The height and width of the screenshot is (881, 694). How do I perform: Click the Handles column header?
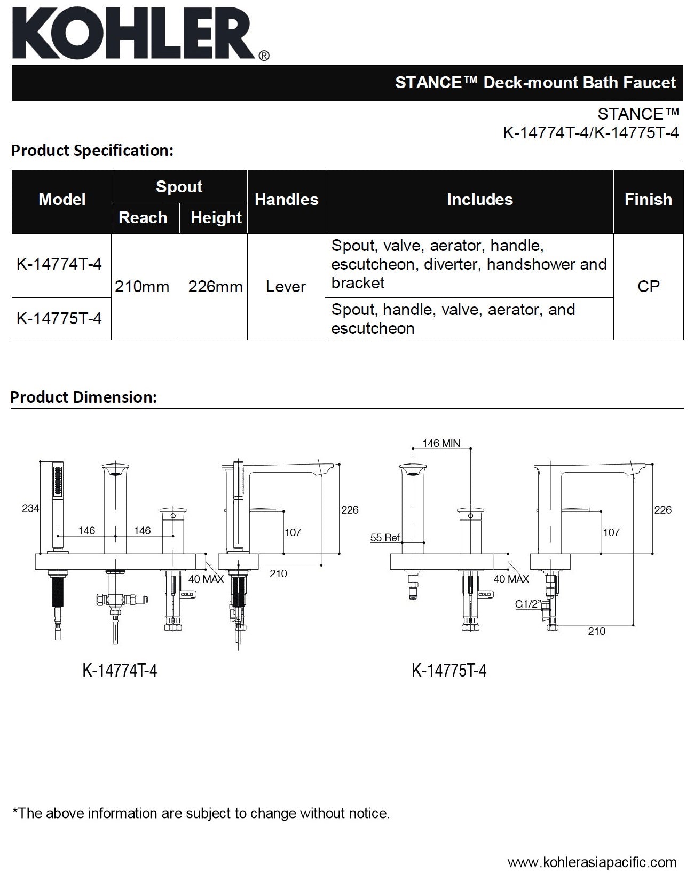pos(286,200)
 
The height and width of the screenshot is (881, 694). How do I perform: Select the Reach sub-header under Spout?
pos(143,218)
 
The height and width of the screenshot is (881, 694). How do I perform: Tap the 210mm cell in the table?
pos(142,287)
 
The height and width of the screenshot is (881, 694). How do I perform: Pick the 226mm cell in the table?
pos(215,287)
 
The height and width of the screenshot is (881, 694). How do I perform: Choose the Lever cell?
pos(286,287)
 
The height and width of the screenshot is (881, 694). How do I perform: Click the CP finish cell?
pos(648,287)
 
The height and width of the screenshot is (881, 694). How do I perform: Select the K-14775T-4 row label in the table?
pos(59,319)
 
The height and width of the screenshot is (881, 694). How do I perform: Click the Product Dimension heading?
pos(84,397)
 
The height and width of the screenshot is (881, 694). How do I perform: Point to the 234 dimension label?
pos(30,508)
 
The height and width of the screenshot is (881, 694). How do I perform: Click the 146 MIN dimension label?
pos(441,443)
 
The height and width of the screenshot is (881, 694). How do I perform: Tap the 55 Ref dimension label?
pos(384,538)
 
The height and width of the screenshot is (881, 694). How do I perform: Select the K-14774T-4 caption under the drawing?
pos(120,670)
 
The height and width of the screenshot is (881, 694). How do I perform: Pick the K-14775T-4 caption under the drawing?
pos(449,670)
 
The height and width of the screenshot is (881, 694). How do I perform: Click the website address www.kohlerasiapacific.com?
pos(592,862)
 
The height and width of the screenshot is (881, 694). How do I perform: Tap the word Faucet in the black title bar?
pos(648,83)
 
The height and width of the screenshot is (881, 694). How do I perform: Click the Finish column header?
pos(648,200)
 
